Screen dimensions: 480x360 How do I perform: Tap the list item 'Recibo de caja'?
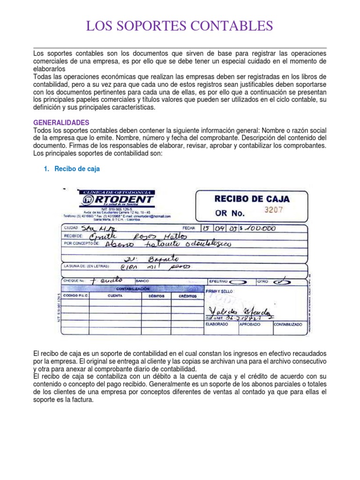coord(77,169)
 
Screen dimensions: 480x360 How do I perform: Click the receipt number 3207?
coord(274,210)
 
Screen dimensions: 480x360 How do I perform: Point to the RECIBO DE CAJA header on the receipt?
coord(252,198)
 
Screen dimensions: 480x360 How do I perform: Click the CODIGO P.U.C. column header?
coord(75,297)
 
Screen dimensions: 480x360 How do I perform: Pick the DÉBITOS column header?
coord(156,297)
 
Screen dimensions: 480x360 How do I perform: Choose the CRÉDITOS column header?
coord(187,297)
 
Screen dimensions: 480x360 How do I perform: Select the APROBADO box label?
coord(250,324)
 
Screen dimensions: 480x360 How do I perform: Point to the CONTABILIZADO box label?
coord(288,324)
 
